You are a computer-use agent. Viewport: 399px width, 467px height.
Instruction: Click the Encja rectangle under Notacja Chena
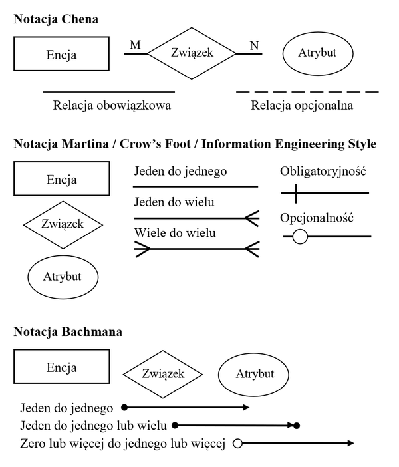(61, 54)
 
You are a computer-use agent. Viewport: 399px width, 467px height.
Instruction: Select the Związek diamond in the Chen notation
(192, 52)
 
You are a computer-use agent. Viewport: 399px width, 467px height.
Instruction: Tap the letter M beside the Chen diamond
(135, 45)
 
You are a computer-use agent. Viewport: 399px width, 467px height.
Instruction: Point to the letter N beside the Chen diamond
(254, 45)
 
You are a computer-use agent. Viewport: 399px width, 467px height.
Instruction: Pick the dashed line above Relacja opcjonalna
(307, 92)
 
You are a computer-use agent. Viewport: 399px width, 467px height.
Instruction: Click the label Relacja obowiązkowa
(112, 105)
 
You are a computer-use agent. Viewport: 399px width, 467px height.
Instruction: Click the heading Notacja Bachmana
(67, 331)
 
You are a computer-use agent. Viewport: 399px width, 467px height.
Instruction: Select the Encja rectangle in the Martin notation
(61, 179)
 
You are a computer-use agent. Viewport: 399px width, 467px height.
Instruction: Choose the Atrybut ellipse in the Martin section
(63, 276)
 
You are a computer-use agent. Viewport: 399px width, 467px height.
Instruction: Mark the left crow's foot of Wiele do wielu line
(142, 249)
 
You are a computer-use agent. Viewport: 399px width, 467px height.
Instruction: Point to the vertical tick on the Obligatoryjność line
(297, 194)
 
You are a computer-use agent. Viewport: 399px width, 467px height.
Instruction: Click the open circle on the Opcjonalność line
(300, 236)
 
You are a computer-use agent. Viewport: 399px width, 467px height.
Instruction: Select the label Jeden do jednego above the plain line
(180, 172)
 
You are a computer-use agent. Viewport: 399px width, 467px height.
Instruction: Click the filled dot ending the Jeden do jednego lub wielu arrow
(297, 425)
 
